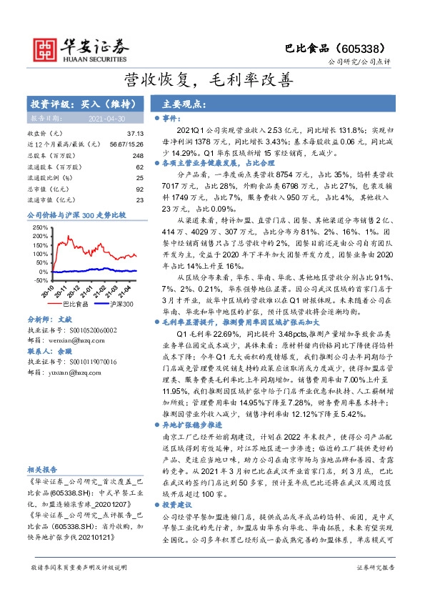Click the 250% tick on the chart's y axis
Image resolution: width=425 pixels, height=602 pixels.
(40, 228)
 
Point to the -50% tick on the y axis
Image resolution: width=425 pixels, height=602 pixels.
(40, 281)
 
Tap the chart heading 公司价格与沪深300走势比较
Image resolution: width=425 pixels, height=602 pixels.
(76, 214)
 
